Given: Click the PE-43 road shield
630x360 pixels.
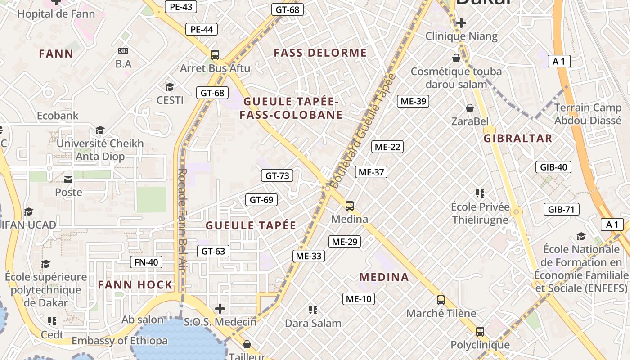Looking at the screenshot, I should (181, 7).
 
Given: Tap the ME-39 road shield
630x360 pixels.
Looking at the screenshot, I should (413, 101).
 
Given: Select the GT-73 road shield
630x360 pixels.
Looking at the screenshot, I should (277, 175).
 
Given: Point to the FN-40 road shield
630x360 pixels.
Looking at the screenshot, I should (146, 262).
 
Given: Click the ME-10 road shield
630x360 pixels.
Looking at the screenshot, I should (359, 298).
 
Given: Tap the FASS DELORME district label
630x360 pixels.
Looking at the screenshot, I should (320, 53).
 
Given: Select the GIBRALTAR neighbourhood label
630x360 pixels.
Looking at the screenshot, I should (517, 139).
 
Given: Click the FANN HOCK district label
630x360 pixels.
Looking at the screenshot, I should (135, 285).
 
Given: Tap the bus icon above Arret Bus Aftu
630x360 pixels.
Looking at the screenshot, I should (215, 55).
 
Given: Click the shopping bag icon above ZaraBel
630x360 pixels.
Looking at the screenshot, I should (470, 108).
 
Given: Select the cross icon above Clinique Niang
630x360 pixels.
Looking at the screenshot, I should (461, 23).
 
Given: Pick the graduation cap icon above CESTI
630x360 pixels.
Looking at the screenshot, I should (170, 87).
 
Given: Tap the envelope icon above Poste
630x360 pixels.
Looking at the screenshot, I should (68, 180).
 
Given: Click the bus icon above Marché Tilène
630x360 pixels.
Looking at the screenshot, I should (441, 300).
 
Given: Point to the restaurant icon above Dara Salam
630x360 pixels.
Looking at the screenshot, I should (313, 310).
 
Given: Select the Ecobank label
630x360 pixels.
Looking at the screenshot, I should (58, 116).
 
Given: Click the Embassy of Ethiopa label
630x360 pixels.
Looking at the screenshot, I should (120, 341).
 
